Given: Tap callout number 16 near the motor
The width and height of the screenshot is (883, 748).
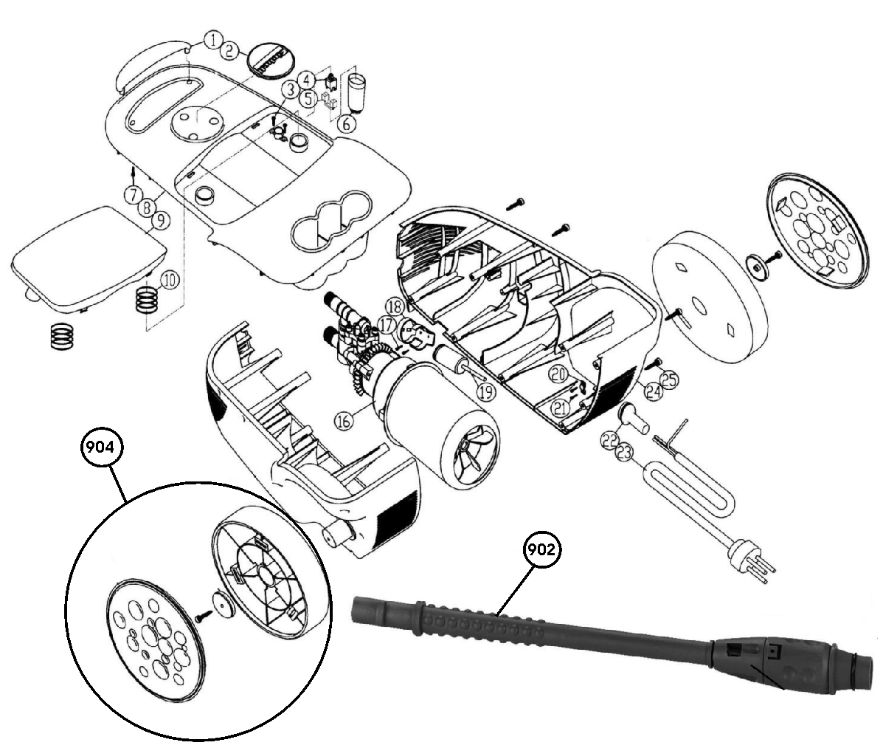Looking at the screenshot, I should click(x=344, y=421).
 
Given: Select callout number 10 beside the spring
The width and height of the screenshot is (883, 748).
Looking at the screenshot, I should click(x=170, y=280).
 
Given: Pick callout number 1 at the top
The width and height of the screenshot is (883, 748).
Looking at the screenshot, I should click(x=212, y=40).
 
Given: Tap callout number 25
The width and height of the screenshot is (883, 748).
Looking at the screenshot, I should click(x=669, y=380).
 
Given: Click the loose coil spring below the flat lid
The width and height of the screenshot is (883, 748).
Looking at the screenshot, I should click(x=63, y=337).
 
